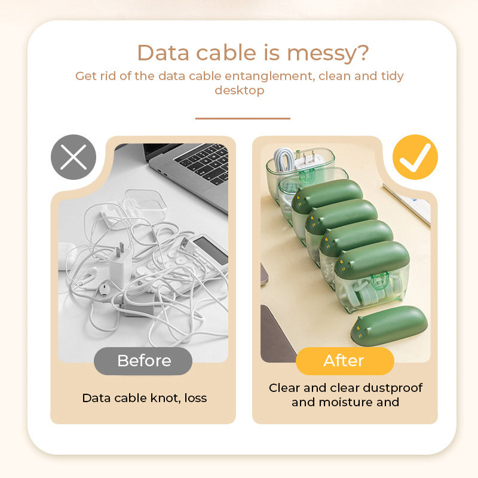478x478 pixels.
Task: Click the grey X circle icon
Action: coord(73,157)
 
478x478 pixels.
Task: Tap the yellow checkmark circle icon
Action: coord(415,157)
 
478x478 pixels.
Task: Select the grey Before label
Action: coord(143,361)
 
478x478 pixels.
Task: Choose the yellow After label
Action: coord(344,361)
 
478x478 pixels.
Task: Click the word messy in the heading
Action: coord(328,53)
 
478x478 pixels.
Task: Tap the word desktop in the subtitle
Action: coord(239,90)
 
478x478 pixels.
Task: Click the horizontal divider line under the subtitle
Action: coord(243,118)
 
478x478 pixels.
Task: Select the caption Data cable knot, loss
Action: coord(144,398)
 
